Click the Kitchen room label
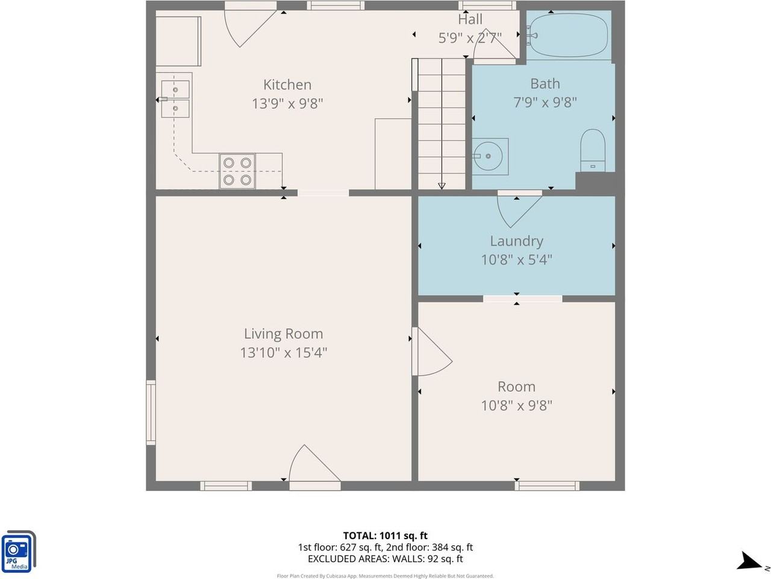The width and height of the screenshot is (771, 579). (x=287, y=84)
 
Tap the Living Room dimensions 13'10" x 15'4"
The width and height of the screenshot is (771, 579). (x=283, y=352)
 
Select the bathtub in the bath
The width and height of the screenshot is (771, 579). (x=569, y=36)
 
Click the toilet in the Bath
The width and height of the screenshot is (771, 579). (x=592, y=150)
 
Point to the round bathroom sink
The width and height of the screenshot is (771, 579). (x=490, y=156)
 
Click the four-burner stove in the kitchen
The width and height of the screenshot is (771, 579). (x=237, y=171)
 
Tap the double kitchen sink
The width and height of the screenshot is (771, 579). (x=175, y=99)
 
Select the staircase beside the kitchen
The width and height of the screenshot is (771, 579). (x=442, y=123)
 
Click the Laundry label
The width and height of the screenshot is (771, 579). (x=516, y=241)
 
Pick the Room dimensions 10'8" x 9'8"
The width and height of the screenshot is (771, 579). (x=516, y=405)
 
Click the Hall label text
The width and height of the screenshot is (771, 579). (x=470, y=19)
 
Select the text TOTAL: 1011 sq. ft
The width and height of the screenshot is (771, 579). (x=385, y=536)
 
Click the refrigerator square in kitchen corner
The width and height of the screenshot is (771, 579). (x=178, y=41)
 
